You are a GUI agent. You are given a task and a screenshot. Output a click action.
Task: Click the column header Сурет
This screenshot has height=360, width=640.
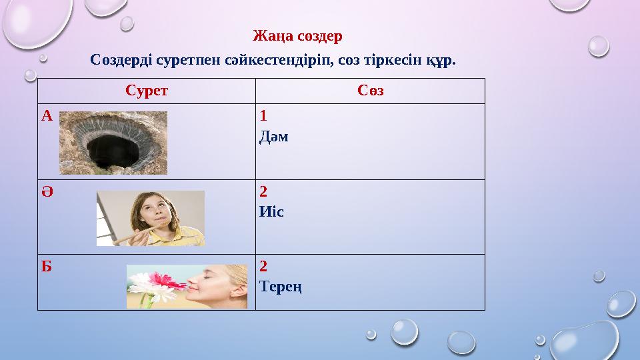pyautogui.click(x=147, y=91)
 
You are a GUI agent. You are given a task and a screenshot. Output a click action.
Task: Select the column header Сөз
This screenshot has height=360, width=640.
pyautogui.click(x=370, y=91)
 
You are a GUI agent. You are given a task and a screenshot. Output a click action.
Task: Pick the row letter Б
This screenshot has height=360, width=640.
pyautogui.click(x=46, y=266)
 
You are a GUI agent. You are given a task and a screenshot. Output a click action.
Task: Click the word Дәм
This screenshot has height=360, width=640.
pyautogui.click(x=274, y=137)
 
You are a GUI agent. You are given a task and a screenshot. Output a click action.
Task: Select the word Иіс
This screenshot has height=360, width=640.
pyautogui.click(x=271, y=211)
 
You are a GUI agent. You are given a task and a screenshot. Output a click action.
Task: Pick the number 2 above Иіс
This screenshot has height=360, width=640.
pyautogui.click(x=263, y=192)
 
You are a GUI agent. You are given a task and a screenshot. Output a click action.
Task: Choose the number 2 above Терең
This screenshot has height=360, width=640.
pyautogui.click(x=263, y=267)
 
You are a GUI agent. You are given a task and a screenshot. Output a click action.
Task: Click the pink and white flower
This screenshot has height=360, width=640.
pyautogui.click(x=159, y=283)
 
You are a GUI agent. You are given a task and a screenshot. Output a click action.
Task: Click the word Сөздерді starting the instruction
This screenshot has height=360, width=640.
pyautogui.click(x=122, y=60)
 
